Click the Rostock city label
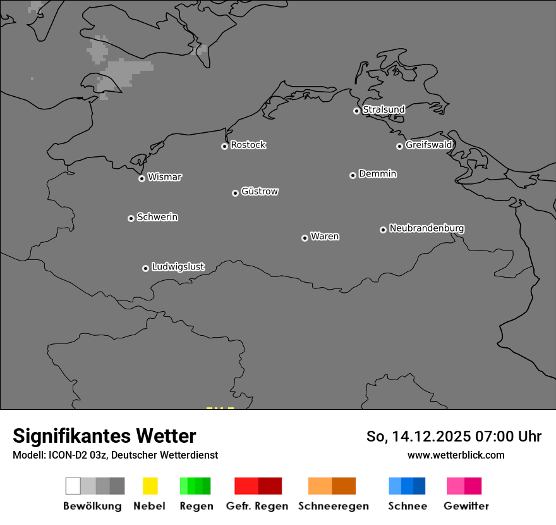tap(248, 145)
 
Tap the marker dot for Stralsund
tap(356, 111)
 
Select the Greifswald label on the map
tap(428, 145)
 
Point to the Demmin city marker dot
tap(353, 175)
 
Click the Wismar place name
tap(164, 177)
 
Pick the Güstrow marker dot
tap(235, 193)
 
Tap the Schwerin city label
tap(157, 217)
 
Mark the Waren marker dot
tap(305, 238)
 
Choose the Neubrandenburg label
tap(426, 228)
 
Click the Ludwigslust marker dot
tap(145, 268)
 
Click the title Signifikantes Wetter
tap(104, 436)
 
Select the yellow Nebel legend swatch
tap(150, 486)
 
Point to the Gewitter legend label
tap(466, 506)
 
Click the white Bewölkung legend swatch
tap(73, 486)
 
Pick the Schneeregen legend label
tap(334, 506)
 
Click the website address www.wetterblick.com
tap(456, 455)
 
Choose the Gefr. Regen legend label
tap(257, 506)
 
